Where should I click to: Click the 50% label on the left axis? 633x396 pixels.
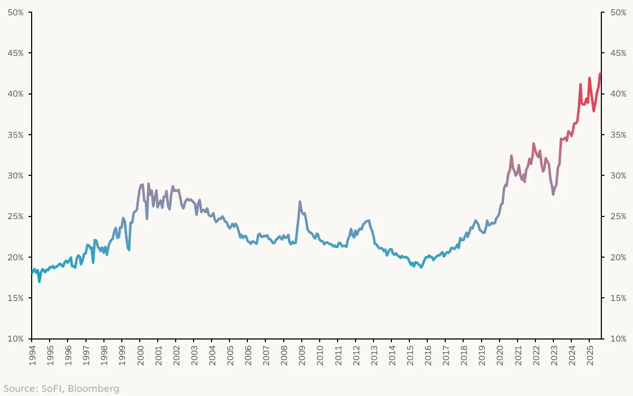coord(15,12)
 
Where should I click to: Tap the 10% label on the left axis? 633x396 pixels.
coord(15,338)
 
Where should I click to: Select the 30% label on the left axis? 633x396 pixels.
coord(15,175)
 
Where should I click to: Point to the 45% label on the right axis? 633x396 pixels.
coord(618,53)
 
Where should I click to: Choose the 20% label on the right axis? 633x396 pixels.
coord(618,257)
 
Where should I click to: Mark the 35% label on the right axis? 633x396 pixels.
coord(618,135)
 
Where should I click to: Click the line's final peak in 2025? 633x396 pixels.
coord(600,74)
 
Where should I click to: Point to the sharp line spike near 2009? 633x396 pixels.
coord(300,202)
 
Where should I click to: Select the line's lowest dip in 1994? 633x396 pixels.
coord(40,281)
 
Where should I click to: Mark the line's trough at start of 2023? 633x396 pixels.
coord(553,194)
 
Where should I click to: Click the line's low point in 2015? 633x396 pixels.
coord(420,267)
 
